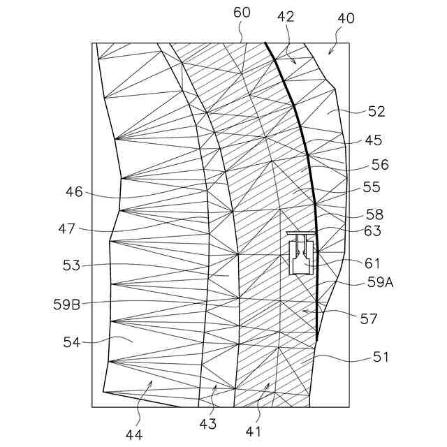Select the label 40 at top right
(345, 19)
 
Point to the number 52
(376, 111)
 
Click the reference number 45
(373, 140)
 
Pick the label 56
(379, 166)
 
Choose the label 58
(374, 214)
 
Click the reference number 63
(372, 231)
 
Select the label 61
(372, 263)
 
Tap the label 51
(379, 357)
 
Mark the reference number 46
(74, 191)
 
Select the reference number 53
(72, 265)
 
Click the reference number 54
(72, 344)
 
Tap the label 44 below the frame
(134, 434)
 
